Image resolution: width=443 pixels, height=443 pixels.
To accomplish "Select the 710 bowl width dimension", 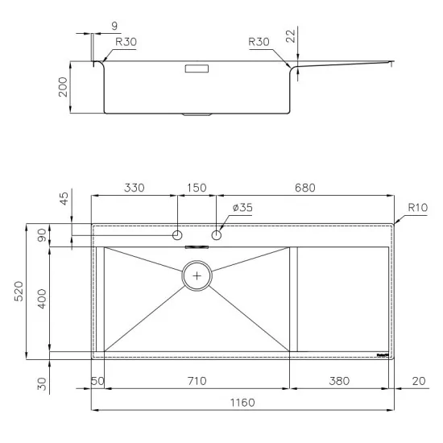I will point(197,380).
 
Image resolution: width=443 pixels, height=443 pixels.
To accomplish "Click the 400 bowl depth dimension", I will point(45,298).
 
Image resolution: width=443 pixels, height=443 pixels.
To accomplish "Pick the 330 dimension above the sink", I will point(133,188).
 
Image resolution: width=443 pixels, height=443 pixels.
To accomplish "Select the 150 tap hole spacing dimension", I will point(196,188).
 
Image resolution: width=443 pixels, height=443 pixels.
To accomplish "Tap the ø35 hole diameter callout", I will point(242,208).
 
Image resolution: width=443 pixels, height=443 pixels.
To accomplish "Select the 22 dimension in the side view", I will point(291,35).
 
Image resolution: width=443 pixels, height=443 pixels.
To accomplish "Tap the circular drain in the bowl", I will point(197,275).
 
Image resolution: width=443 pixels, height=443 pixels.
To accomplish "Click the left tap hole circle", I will point(176,235).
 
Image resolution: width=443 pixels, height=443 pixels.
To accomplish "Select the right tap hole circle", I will point(216,235).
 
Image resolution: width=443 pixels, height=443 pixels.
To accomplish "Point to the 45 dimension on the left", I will point(64,200).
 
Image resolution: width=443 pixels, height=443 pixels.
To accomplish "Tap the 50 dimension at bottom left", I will point(98,380).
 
